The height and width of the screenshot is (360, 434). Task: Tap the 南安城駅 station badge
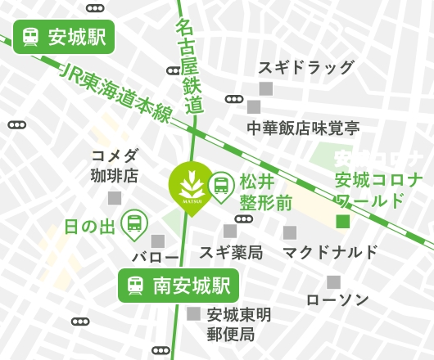(179, 286)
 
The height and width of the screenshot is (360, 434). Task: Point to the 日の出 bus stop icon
(133, 222)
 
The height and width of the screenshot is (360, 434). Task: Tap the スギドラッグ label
(306, 67)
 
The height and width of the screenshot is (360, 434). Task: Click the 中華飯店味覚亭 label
(304, 128)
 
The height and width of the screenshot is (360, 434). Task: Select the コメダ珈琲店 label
(115, 165)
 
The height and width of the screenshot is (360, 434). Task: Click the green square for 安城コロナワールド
(343, 222)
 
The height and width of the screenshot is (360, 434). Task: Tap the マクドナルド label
(330, 251)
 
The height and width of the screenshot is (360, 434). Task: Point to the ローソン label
(337, 300)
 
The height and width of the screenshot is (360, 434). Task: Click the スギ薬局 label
(230, 252)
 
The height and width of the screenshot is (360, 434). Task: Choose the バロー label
(155, 258)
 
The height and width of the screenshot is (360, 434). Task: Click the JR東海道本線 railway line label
(114, 95)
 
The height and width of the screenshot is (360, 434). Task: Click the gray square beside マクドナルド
(289, 232)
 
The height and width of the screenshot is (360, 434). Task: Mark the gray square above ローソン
(333, 282)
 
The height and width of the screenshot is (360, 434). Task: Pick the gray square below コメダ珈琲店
(115, 197)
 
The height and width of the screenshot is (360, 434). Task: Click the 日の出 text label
(90, 226)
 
